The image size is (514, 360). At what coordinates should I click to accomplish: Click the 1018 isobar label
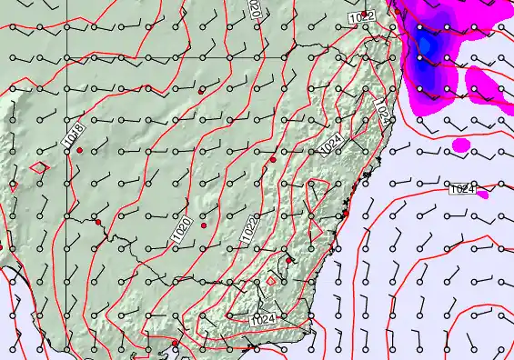75,136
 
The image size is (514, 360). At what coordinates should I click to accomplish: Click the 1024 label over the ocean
462,189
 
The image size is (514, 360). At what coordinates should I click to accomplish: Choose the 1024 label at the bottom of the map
264,319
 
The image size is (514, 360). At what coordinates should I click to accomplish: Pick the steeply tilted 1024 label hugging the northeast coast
383,112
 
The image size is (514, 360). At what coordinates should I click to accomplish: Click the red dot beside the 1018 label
80,149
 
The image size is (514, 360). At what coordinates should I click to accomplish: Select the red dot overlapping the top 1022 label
365,15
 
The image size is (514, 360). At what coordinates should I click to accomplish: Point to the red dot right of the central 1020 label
204,225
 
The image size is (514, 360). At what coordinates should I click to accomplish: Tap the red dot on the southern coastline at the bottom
176,343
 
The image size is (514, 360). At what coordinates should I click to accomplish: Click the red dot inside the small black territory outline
289,261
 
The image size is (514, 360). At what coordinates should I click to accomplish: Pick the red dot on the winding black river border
97,222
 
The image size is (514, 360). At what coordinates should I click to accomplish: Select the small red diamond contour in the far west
38,167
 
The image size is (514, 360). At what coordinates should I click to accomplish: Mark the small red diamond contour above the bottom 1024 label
270,282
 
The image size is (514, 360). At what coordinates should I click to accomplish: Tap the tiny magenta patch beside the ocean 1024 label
483,194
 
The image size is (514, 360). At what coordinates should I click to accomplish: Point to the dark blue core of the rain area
423,41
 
